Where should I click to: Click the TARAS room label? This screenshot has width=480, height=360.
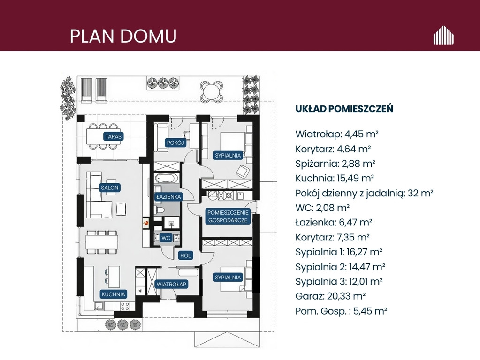click(113, 136)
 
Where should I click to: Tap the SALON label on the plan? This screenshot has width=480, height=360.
click(109, 187)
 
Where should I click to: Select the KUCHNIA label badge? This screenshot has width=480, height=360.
click(113, 294)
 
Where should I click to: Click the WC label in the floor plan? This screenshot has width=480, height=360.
click(166, 238)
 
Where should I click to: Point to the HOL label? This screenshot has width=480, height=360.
click(185, 255)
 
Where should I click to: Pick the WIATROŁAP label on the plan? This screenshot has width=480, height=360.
click(171, 284)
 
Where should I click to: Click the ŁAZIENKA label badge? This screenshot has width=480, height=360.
click(168, 197)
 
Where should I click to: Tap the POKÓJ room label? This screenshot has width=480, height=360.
click(175, 142)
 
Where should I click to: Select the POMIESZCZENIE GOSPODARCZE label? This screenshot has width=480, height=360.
click(228, 216)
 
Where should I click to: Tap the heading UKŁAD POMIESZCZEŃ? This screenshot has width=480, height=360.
click(344, 109)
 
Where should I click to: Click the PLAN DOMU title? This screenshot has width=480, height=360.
click(123, 36)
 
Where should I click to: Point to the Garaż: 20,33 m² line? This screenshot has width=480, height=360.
click(331, 296)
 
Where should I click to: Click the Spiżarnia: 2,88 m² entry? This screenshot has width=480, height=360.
click(335, 164)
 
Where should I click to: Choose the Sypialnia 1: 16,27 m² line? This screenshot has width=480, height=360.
click(339, 252)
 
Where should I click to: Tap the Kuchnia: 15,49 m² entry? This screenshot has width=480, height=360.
click(335, 178)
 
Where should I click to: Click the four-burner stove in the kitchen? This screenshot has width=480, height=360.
click(125, 306)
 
